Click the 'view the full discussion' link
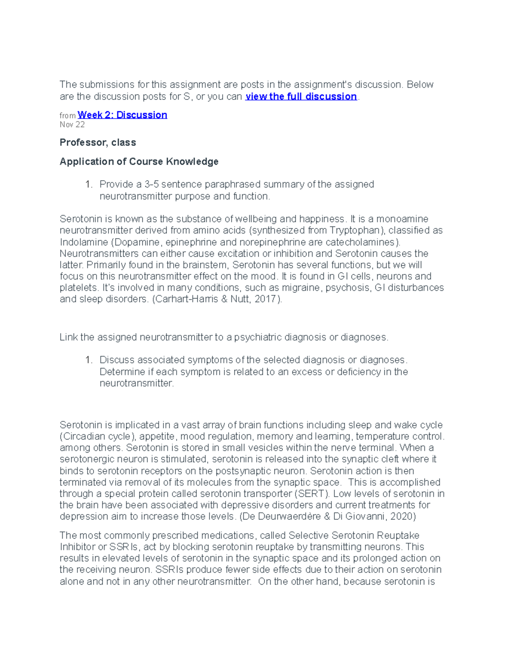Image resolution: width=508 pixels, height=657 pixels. (301, 96)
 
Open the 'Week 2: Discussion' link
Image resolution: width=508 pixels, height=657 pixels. (122, 115)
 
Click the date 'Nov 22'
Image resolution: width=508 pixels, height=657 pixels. (72, 124)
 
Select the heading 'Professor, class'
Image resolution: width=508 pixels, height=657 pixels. (98, 143)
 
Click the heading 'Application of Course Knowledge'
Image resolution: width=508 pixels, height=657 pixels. (139, 162)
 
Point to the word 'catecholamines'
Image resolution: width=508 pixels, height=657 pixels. (364, 242)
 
